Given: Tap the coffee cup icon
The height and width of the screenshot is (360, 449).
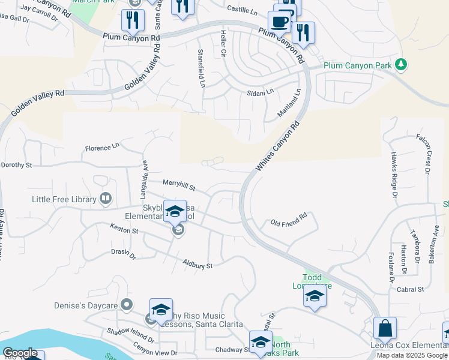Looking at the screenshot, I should tap(279, 22).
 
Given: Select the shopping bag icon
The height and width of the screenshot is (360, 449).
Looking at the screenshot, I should tap(385, 329).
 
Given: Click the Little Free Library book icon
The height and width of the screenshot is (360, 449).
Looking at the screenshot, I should tap(106, 199).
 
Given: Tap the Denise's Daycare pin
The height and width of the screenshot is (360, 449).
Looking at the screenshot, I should tap(127, 305).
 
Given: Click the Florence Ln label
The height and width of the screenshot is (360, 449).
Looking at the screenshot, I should tap(102, 147).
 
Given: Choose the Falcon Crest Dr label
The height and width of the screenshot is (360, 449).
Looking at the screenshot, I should tap(424, 154).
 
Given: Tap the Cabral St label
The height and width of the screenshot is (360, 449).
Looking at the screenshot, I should tap(411, 289).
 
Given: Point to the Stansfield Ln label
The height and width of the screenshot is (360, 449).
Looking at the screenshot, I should tap(202, 68).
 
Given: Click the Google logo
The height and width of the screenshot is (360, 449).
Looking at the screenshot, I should tap(20, 353).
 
